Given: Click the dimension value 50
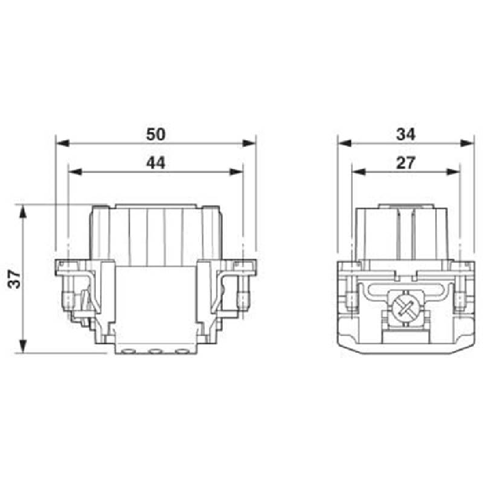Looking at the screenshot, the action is click(x=155, y=134).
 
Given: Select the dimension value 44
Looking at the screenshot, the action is click(x=155, y=163).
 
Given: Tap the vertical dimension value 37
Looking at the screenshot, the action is click(x=14, y=279).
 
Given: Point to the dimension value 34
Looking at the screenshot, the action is click(x=406, y=134).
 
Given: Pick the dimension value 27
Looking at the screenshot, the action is click(x=406, y=163).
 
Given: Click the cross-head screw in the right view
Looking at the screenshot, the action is click(x=404, y=307).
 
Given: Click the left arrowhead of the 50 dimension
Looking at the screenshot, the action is click(x=62, y=144).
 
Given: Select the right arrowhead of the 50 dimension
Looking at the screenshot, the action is click(x=249, y=144).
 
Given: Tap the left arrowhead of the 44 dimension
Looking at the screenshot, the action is click(x=75, y=171).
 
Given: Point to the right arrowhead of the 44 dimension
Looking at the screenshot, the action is click(x=236, y=171).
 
